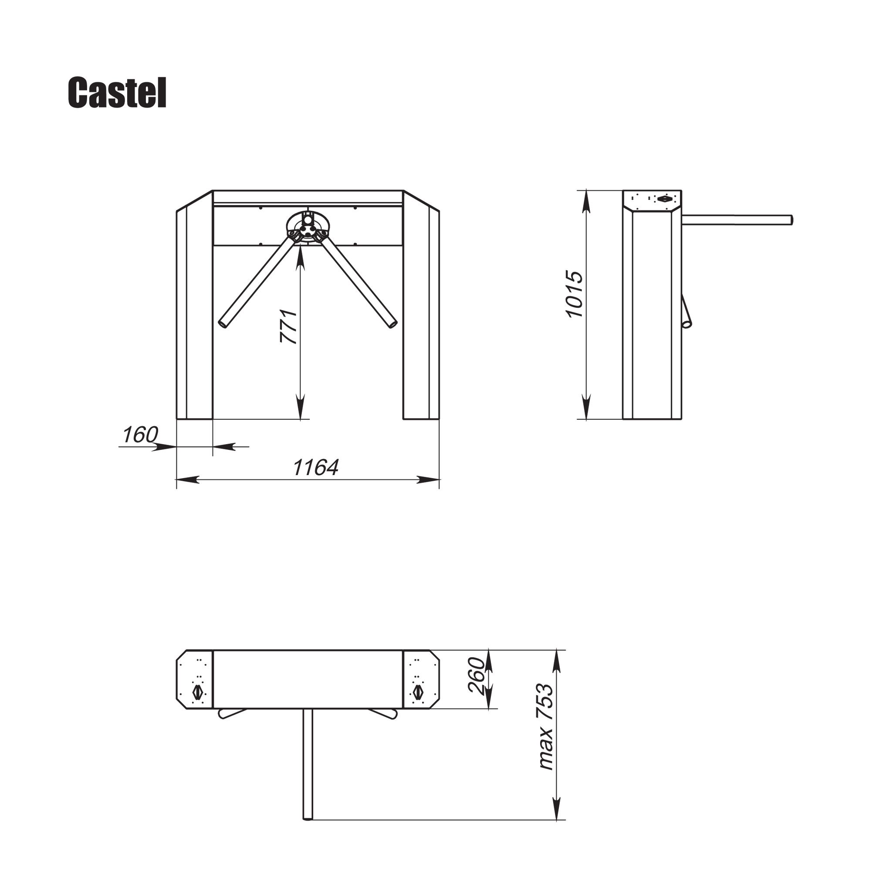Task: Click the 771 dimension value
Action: pyautogui.click(x=288, y=326)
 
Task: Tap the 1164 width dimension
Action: pyautogui.click(x=316, y=467)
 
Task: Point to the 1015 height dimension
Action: pyautogui.click(x=575, y=294)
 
